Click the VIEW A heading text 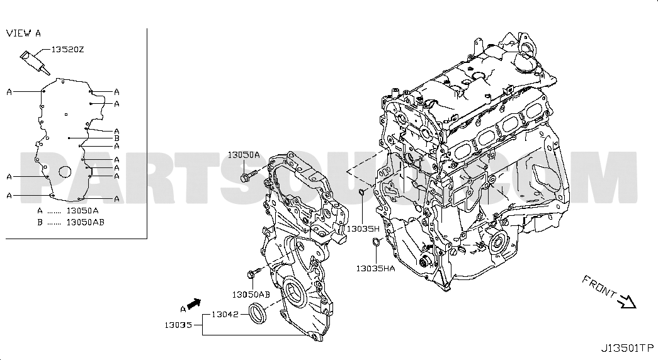tap(23, 33)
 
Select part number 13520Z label tap(67, 50)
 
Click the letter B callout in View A tap(116, 138)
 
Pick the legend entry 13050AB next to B tap(85, 222)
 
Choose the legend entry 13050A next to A tap(82, 211)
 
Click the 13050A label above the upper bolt tap(244, 155)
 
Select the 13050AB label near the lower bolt tap(251, 295)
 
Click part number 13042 tap(225, 314)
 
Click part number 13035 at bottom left tap(178, 325)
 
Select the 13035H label tap(363, 228)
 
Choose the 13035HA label tap(375, 268)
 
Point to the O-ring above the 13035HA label tap(377, 242)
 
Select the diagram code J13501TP tap(627, 348)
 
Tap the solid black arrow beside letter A tap(195, 303)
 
